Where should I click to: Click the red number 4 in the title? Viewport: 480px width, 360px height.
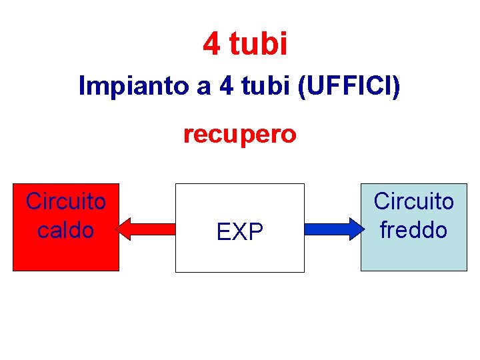pos(211,44)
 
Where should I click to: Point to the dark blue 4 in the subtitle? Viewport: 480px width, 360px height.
pos(224,87)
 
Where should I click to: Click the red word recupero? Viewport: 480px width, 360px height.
pos(240,134)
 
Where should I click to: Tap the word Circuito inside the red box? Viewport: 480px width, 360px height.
pos(66,201)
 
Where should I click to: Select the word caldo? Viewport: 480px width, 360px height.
pos(66,230)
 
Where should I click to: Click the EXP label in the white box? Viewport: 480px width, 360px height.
pos(240,232)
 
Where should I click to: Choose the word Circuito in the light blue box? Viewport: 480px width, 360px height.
pos(413,201)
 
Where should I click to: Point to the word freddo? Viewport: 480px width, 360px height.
pos(413,230)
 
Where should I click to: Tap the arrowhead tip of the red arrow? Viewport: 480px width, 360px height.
pos(119,229)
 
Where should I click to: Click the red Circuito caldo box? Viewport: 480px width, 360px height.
pos(66,253)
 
